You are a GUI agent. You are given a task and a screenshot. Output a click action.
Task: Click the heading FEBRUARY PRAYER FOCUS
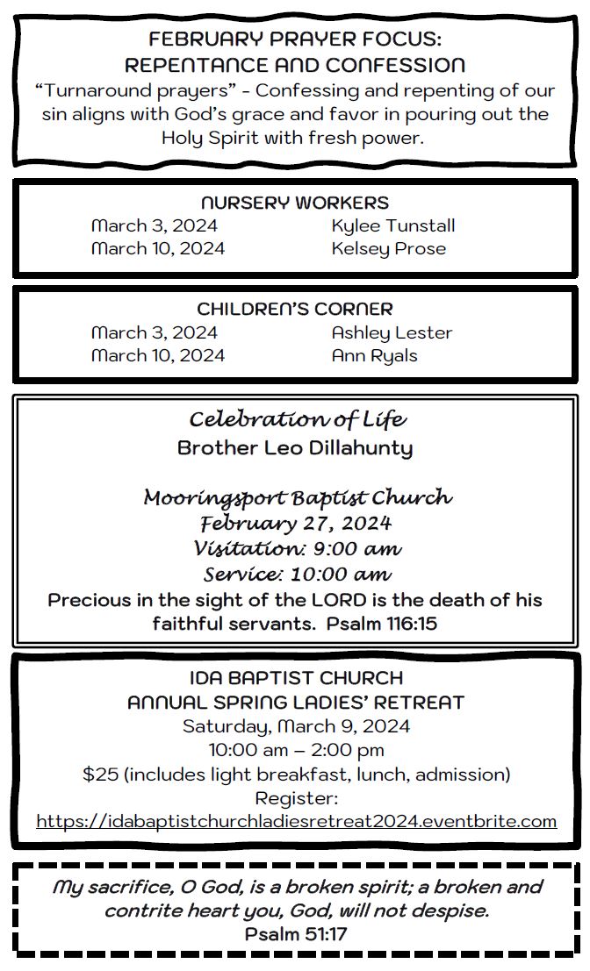[295, 39]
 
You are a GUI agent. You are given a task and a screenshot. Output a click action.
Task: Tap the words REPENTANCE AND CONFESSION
[295, 65]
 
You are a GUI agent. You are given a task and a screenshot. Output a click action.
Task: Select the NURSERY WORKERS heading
[295, 203]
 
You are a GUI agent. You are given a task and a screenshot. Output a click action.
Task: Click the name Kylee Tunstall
[392, 225]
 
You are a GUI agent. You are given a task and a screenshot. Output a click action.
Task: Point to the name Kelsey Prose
[388, 248]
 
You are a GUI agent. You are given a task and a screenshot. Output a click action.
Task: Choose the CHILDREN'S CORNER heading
[295, 309]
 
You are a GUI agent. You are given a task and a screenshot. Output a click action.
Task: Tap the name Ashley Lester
[392, 332]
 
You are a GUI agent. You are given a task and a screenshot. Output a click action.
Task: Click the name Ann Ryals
[374, 355]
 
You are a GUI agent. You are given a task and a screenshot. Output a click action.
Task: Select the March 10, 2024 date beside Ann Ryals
[158, 355]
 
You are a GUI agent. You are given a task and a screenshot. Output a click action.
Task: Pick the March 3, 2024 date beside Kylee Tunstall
[155, 225]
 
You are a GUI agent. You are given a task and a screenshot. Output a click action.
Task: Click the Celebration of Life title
[298, 419]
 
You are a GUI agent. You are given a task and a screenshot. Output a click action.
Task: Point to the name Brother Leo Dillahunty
[295, 448]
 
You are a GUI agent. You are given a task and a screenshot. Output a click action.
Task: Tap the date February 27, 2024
[296, 524]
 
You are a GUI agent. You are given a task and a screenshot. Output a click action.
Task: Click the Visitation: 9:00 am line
[298, 549]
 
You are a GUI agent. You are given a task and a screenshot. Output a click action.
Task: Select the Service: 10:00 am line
[298, 575]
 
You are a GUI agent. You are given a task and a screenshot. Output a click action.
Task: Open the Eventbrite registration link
[296, 822]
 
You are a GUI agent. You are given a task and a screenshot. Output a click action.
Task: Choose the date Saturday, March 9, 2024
[296, 726]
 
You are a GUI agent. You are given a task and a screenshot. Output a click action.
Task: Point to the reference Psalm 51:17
[296, 934]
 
